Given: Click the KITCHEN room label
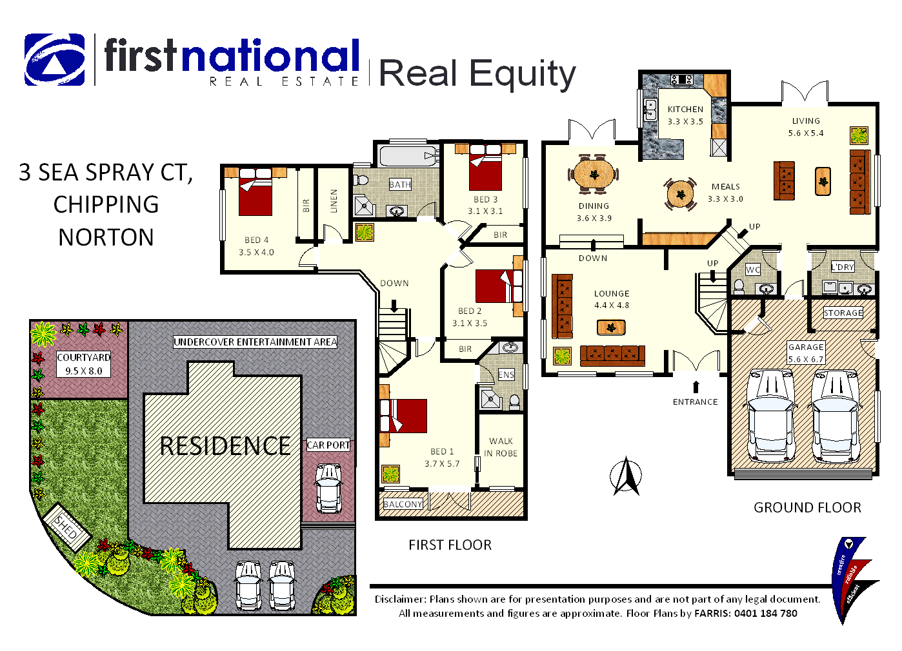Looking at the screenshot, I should click(x=685, y=110).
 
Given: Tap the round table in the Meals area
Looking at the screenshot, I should click(x=680, y=193).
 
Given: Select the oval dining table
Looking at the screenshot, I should click(x=594, y=173).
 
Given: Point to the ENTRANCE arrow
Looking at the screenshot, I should click(x=696, y=387).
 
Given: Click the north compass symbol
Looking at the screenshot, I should click(x=625, y=476).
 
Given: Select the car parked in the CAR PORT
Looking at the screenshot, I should click(x=328, y=488).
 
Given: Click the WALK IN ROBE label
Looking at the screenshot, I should click(x=501, y=447).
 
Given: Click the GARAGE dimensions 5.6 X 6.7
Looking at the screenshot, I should click(x=806, y=360).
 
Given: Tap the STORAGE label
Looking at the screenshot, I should click(x=843, y=313).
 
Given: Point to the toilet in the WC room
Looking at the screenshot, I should click(x=739, y=286).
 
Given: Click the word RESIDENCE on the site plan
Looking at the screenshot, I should click(x=225, y=446).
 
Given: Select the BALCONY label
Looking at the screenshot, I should click(x=403, y=504).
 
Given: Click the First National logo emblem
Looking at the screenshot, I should click(x=55, y=60).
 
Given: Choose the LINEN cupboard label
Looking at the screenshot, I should click(x=334, y=200).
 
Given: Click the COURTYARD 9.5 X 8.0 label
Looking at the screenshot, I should click(x=83, y=364).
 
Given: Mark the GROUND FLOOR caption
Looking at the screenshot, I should click(x=807, y=508).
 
